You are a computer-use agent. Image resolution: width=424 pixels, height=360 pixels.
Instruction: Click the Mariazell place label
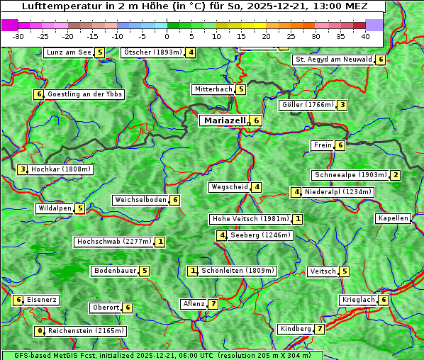224,120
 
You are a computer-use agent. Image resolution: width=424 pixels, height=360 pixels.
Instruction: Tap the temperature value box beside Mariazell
256,120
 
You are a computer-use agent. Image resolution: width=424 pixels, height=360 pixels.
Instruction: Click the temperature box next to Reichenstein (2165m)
40,331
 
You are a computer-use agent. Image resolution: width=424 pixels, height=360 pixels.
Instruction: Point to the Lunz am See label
69,52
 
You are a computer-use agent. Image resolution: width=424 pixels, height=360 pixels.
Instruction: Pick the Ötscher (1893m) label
152,52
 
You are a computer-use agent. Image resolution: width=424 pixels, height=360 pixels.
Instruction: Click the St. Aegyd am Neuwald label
333,60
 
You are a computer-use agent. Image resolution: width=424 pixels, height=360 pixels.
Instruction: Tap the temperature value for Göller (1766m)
342,105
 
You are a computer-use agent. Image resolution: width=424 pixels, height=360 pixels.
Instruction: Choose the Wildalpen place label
55,208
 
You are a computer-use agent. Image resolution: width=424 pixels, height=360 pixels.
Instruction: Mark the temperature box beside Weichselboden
174,200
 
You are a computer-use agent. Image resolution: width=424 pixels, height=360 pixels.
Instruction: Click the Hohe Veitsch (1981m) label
251,219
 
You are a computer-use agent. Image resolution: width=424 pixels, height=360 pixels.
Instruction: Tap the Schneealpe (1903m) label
350,175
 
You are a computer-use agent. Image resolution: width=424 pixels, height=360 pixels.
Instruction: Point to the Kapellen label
393,218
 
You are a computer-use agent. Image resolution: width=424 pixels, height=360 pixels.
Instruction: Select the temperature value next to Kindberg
320,329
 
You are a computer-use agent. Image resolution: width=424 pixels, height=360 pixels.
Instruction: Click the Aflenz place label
194,304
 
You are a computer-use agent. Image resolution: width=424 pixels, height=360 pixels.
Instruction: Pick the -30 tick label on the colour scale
19,35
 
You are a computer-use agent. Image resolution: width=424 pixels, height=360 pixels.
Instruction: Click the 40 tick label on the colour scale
365,35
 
